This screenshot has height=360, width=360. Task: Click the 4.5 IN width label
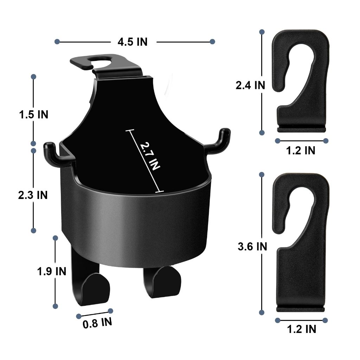click(x=133, y=42)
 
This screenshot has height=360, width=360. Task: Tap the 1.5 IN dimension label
click(x=34, y=115)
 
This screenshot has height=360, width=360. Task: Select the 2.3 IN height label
click(x=33, y=195)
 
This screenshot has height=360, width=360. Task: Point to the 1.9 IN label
click(x=52, y=271)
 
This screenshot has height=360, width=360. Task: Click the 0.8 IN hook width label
click(x=97, y=323)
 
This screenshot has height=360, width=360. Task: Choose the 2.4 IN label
click(x=250, y=85)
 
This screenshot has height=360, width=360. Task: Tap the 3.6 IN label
click(x=252, y=246)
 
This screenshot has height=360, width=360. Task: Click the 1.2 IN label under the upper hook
click(x=301, y=150)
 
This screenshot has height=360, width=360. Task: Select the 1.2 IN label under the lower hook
click(x=302, y=329)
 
